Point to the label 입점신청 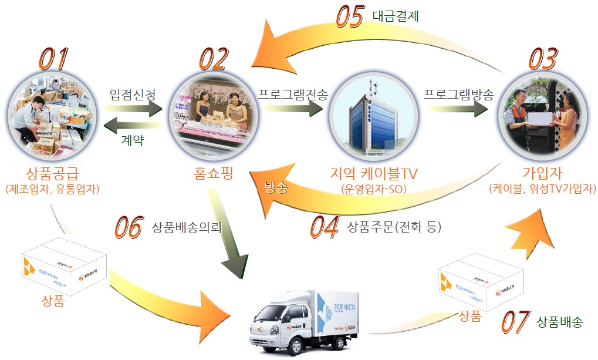coord(133,94)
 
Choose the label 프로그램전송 coord(292,94)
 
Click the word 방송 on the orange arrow coord(276,187)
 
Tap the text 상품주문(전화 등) coord(394,226)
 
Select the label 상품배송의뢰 coord(186,226)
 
